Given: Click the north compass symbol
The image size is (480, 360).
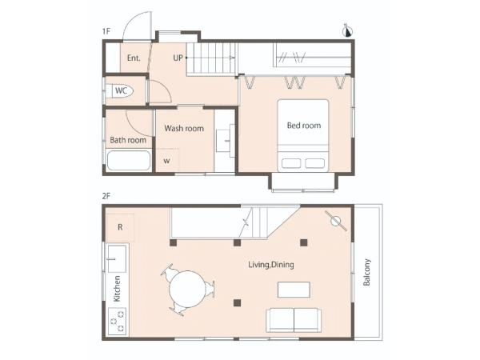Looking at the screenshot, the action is (348, 30).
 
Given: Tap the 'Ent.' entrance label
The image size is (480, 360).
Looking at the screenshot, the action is (134, 58).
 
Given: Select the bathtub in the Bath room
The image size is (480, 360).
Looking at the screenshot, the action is (129, 161).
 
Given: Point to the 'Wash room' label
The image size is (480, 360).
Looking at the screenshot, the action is (184, 128).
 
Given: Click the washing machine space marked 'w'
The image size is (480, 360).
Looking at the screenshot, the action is (167, 160).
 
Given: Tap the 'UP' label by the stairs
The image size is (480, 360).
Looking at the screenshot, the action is (178, 58).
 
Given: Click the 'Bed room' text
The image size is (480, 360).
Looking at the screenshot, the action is (304, 126).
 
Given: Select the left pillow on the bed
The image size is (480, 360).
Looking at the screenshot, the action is (291, 163).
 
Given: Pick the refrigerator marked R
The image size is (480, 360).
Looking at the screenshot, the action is (120, 227).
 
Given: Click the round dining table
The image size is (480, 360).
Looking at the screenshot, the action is (186, 290).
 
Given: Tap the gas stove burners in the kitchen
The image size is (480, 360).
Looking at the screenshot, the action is (118, 321).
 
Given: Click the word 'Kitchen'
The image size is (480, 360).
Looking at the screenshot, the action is (117, 289).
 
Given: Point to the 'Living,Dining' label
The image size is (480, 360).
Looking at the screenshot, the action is (271, 265).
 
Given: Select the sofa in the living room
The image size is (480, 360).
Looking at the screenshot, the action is (294, 320).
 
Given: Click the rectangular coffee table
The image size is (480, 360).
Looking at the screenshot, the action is (294, 290).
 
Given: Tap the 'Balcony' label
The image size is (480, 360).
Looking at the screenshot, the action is (366, 272).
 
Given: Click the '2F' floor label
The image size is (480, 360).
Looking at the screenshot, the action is (106, 196).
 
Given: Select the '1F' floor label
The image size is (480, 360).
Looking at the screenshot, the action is (106, 31).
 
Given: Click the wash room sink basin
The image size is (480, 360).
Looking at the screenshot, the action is (226, 141).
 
